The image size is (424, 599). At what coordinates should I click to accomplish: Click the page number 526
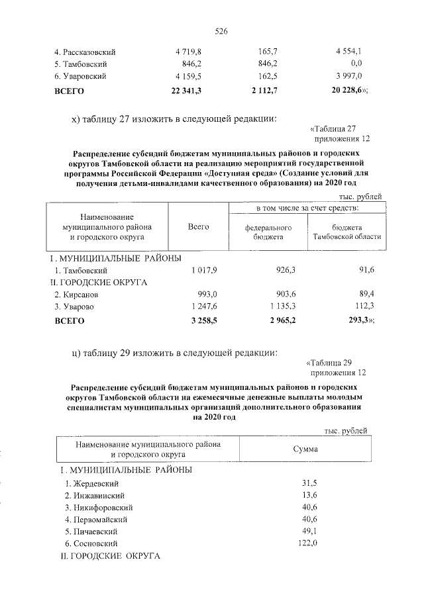click(x=221, y=30)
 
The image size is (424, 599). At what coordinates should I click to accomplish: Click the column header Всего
click(x=198, y=227)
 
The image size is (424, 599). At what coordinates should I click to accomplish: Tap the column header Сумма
click(x=305, y=449)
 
